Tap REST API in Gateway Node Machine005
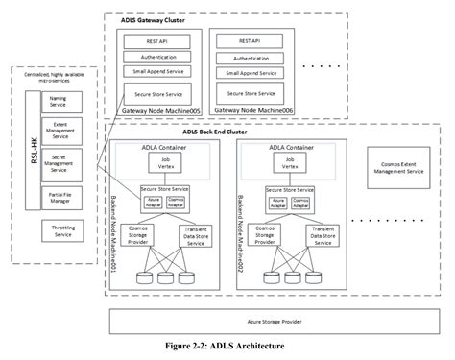[x=157, y=41]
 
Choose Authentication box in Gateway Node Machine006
[x=252, y=58]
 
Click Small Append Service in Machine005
[x=157, y=73]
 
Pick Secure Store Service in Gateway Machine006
[x=252, y=93]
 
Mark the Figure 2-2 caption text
[x=227, y=347]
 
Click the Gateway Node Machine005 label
[x=157, y=112]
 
